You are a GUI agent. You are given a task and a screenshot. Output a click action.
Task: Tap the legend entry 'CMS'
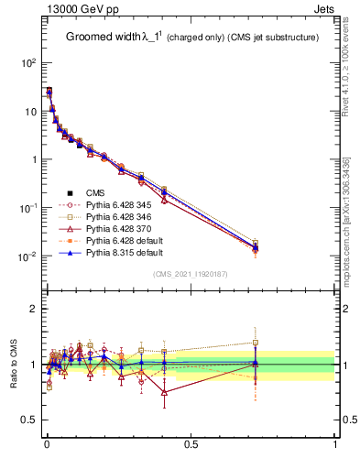coord(96,193)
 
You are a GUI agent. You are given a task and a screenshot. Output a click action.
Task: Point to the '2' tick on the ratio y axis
coord(36,309)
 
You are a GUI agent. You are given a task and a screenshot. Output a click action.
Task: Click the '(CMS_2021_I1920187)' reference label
coord(190,274)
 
